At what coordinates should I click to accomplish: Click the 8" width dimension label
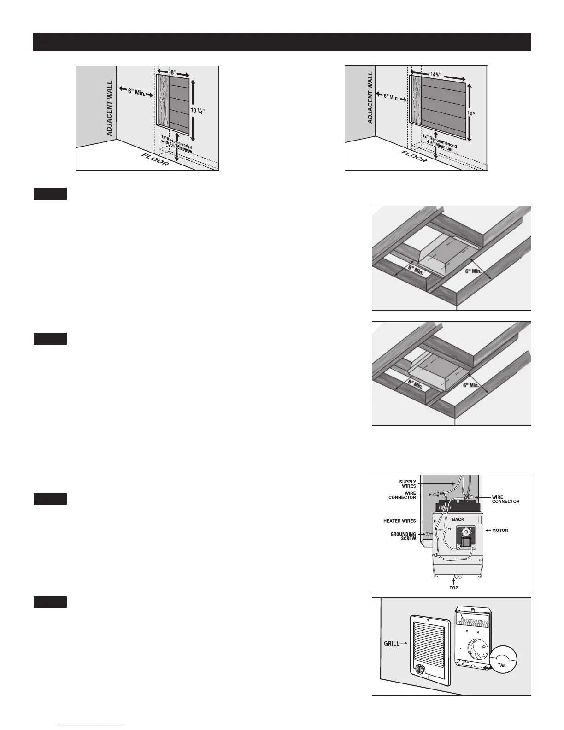pos(173,72)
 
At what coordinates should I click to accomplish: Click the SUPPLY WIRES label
pos(407,483)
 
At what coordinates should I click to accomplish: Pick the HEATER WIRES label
pos(399,521)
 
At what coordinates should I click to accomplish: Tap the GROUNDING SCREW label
pos(404,536)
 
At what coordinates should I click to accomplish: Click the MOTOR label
pos(500,530)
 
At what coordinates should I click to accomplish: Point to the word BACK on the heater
pos(458,519)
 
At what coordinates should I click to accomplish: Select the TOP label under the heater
pos(454,588)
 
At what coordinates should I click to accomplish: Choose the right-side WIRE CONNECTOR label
pos(505,499)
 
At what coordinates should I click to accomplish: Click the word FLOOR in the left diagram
pos(155,159)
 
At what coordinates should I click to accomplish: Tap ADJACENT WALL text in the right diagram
pos(370,96)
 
